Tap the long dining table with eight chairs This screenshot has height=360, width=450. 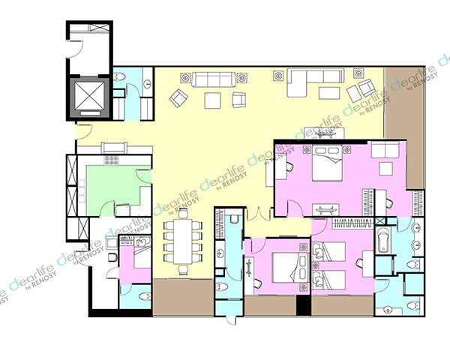pyautogui.click(x=183, y=241)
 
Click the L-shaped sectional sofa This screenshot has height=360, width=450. pyautogui.click(x=315, y=82)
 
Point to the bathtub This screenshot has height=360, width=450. pyautogui.click(x=382, y=240)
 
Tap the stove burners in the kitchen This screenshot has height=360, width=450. pyautogui.click(x=111, y=160)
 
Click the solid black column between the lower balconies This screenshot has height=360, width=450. pyautogui.click(x=303, y=305)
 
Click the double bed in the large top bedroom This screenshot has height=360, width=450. pyautogui.click(x=328, y=163)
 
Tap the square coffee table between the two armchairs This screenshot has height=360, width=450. pyautogui.click(x=213, y=100)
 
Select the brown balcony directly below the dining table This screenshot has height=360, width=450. pyautogui.click(x=184, y=298)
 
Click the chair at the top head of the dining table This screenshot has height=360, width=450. pyautogui.click(x=183, y=214)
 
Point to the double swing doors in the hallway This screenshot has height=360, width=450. pyautogui.click(x=259, y=214)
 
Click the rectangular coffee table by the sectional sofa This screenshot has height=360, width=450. pyautogui.click(x=329, y=93)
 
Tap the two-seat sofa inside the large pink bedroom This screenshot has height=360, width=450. pyautogui.click(x=385, y=149)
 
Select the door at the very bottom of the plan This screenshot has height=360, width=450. pyautogui.click(x=231, y=321)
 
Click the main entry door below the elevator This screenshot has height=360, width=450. pyautogui.click(x=84, y=132)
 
